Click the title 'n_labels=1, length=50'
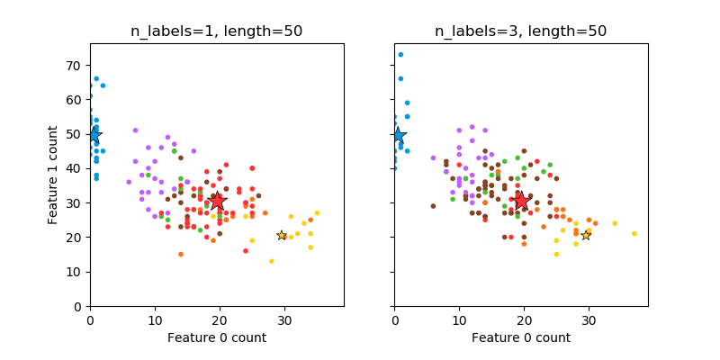tap(216, 31)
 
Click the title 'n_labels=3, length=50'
tap(520, 31)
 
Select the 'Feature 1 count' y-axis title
tap(54, 175)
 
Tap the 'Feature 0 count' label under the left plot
tap(216, 337)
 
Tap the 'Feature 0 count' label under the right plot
tap(520, 337)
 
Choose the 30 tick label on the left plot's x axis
tap(284, 319)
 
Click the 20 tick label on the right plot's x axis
tap(524, 319)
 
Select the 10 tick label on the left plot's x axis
tap(155, 319)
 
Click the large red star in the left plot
tap(217, 202)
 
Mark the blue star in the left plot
tap(94, 135)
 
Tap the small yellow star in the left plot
tap(282, 235)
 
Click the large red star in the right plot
tap(521, 202)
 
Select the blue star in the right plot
tap(398, 135)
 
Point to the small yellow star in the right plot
tap(586, 235)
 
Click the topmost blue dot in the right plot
tap(400, 54)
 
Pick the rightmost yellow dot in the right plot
tap(634, 234)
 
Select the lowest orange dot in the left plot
tap(180, 254)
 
